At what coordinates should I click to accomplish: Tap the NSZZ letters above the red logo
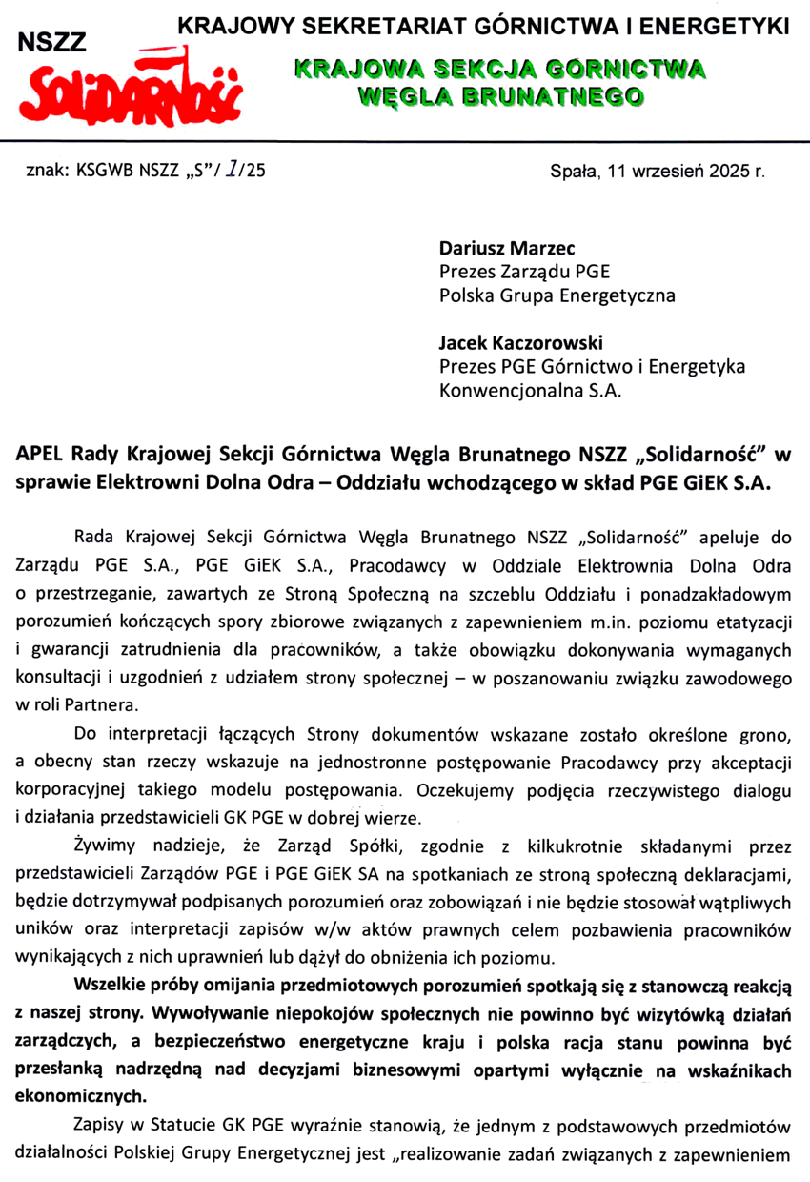(x=51, y=41)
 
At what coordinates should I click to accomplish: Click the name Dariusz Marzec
(x=506, y=250)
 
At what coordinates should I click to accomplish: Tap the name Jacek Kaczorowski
(x=520, y=342)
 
